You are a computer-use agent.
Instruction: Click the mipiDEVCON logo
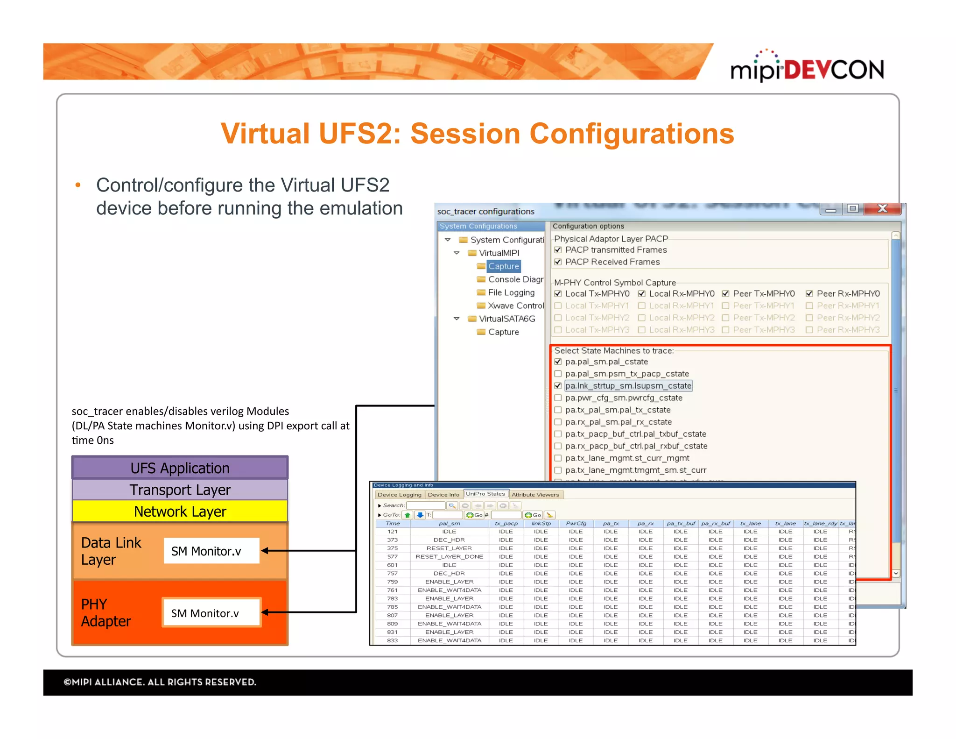(x=807, y=68)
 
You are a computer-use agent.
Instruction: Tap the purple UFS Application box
(x=180, y=468)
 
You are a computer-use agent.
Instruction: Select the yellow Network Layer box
(x=180, y=512)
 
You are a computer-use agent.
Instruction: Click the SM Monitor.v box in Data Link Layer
(x=211, y=551)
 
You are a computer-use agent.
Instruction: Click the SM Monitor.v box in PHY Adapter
(x=211, y=613)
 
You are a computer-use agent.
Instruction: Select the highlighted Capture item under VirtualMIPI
(x=503, y=266)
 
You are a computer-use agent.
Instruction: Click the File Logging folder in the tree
(x=511, y=292)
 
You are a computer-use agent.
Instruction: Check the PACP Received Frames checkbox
(x=558, y=262)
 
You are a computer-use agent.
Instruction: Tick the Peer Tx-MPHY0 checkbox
(x=725, y=294)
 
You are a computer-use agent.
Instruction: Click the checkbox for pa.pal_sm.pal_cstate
(x=558, y=362)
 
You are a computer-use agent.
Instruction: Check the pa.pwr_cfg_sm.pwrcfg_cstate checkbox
(x=558, y=398)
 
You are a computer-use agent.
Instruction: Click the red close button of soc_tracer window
(x=882, y=209)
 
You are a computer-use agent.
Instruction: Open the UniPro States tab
(x=485, y=494)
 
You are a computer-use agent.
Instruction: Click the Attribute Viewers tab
(x=535, y=495)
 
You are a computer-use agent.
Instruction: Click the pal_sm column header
(x=449, y=524)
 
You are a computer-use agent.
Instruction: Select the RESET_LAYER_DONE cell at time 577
(x=449, y=557)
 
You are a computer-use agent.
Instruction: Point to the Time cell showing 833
(x=393, y=640)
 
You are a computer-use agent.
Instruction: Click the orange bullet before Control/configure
(x=78, y=185)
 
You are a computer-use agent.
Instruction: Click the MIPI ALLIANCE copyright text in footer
(x=160, y=682)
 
